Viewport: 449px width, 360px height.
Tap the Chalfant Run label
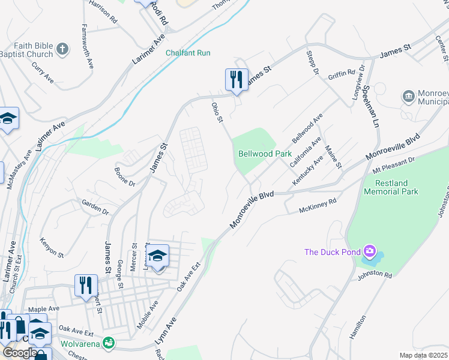point(188,53)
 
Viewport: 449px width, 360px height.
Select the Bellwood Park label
point(265,154)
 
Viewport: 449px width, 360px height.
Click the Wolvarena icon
point(109,343)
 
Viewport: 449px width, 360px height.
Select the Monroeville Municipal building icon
point(409,95)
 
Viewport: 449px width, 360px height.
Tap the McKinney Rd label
point(318,206)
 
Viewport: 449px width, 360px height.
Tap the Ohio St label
point(217,113)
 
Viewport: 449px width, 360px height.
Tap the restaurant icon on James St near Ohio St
point(237,79)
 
